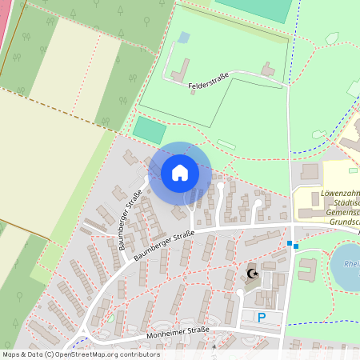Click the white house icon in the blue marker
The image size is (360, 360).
tap(180, 172)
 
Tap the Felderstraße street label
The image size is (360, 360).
tap(209, 81)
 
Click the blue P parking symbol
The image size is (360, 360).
tap(261, 318)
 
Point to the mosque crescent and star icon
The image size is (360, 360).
tap(254, 274)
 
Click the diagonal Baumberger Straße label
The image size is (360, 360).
tap(130, 210)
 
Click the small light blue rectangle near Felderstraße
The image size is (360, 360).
tap(184, 38)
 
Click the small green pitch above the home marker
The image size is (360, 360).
tap(149, 130)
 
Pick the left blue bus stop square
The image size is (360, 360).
tap(289, 243)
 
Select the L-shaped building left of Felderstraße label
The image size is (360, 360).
tap(178, 70)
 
